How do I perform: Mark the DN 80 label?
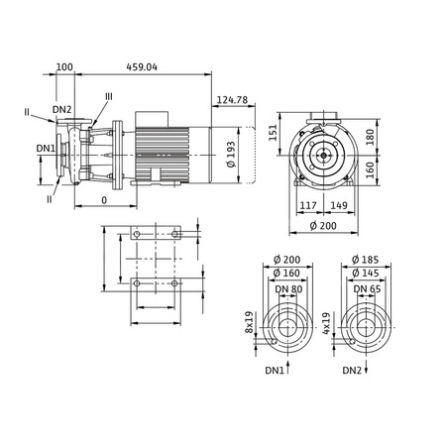point(288,288)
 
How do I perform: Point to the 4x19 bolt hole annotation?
point(328,322)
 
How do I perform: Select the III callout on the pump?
point(108,95)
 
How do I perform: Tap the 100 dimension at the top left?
point(64,67)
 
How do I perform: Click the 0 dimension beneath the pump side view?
point(104,199)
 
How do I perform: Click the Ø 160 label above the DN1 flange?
point(288,274)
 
